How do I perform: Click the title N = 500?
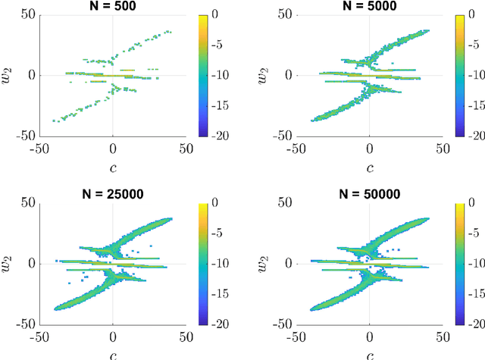click(113, 6)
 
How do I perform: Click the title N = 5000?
click(369, 6)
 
